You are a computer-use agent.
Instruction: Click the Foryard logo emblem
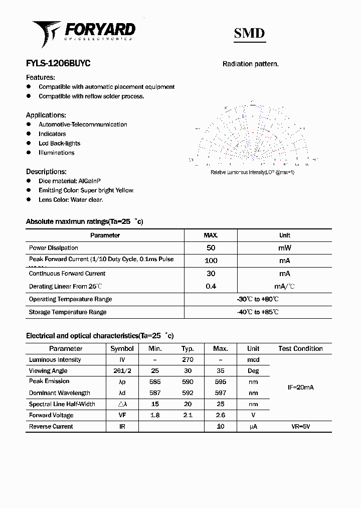[47, 33]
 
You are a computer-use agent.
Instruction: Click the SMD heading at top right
[249, 33]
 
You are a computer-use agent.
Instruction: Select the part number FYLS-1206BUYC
[58, 64]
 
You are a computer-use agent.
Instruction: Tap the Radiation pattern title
[250, 64]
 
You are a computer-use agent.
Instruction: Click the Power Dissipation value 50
[211, 248]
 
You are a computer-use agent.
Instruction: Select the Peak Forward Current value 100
[211, 261]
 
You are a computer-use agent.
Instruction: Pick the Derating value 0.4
[211, 287]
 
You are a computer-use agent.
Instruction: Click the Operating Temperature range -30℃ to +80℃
[258, 299]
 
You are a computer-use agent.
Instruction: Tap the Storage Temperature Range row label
[68, 312]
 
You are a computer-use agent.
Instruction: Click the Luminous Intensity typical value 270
[188, 360]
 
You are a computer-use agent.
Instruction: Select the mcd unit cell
[253, 360]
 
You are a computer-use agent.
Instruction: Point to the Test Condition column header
[300, 348]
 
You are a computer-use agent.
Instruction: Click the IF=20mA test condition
[300, 388]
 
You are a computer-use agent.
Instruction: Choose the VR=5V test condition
[300, 427]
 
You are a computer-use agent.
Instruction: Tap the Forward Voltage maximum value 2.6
[220, 415]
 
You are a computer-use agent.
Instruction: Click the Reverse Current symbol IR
[122, 427]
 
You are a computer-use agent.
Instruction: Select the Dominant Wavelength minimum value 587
[155, 393]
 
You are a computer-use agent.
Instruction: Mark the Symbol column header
[122, 348]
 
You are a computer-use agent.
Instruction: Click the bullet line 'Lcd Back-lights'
[59, 144]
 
